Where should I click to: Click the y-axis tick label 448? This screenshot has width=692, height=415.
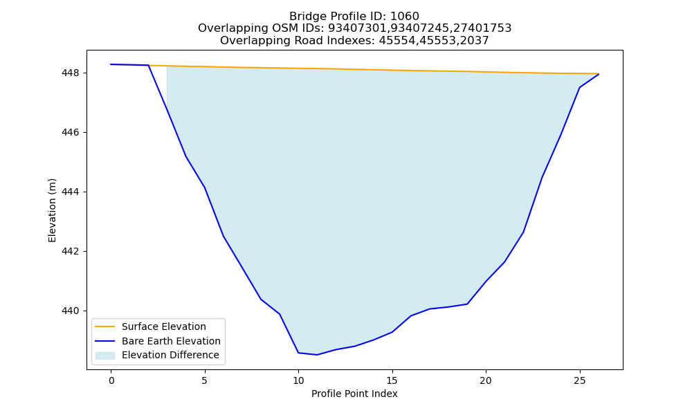tap(70, 73)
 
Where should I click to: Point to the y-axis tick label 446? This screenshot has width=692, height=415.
tap(70, 132)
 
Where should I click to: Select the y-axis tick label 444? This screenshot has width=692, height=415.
tap(70, 192)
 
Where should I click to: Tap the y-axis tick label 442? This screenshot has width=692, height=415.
tap(70, 251)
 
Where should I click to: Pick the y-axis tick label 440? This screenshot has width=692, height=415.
tap(70, 311)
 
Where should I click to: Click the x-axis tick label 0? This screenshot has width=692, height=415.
tap(111, 380)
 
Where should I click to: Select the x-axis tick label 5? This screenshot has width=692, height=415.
tap(205, 380)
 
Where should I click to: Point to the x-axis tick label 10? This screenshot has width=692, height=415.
tap(298, 380)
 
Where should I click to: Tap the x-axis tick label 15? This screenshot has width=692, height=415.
tap(392, 380)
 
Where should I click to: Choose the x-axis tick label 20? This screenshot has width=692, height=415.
tap(486, 380)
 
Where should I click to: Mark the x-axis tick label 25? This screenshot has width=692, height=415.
tap(579, 380)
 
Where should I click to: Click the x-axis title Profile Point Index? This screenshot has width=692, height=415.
tap(354, 394)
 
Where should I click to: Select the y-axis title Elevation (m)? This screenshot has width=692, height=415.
tap(52, 210)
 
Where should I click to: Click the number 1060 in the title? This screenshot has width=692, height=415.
tap(405, 17)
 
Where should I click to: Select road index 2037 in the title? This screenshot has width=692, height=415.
tap(475, 41)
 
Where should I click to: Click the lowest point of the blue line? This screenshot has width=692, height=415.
tap(317, 355)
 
